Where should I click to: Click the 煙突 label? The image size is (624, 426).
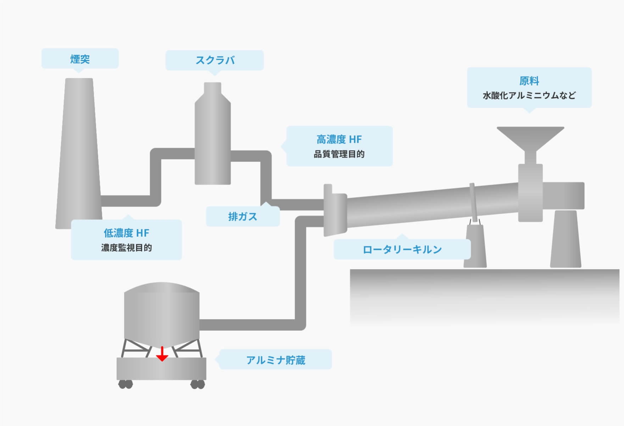[80, 59]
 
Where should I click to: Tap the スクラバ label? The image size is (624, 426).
[215, 60]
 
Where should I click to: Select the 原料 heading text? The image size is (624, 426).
[529, 81]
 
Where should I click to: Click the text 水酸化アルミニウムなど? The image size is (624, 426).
[529, 95]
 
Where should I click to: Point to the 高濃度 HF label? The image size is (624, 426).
[339, 140]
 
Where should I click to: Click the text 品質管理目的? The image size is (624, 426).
[339, 154]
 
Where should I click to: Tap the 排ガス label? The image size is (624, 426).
[243, 217]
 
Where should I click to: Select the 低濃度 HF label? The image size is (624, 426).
[126, 233]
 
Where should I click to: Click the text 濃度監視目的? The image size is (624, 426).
[126, 248]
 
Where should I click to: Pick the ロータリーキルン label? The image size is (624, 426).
[402, 249]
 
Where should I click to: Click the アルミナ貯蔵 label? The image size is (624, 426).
[275, 360]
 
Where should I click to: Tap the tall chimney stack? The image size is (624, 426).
[79, 153]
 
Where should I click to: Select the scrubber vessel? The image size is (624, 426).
[213, 135]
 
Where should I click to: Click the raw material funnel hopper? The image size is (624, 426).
[530, 138]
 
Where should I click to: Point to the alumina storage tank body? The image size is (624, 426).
[162, 312]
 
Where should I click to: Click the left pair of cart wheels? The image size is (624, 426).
[126, 384]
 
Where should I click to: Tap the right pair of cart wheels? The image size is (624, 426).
[198, 384]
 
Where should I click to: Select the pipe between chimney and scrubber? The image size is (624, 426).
[155, 177]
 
